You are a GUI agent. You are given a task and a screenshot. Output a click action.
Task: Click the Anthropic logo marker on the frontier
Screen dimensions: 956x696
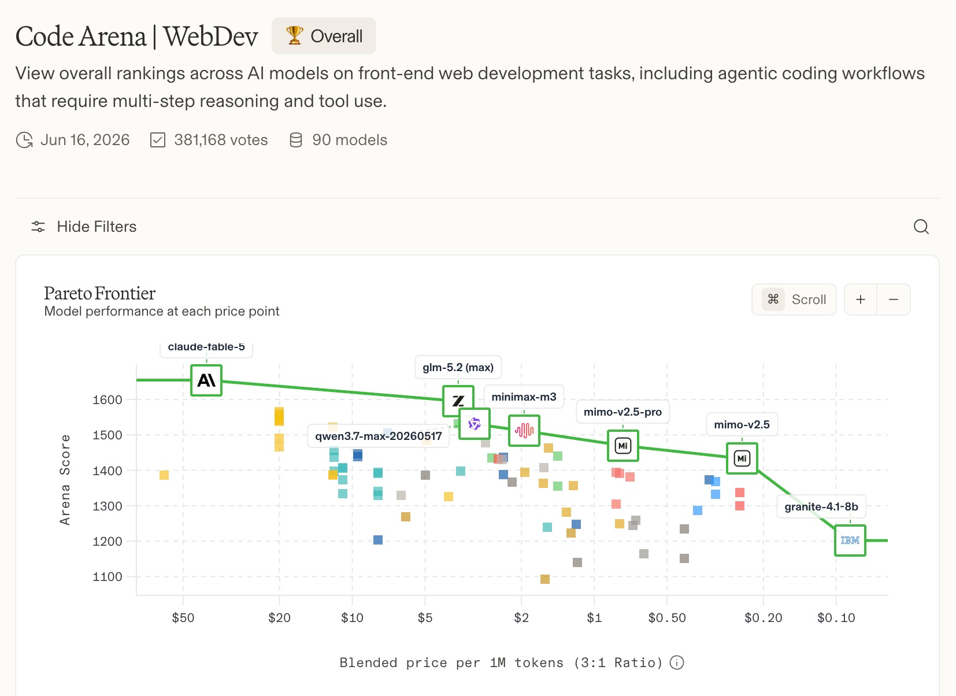[x=206, y=380]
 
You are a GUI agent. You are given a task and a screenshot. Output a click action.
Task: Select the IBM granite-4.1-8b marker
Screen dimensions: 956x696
[x=850, y=540]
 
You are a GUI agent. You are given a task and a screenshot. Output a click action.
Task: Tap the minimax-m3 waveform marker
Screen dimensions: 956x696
[x=524, y=431]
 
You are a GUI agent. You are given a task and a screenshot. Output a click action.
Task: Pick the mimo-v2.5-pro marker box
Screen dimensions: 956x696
[x=622, y=446]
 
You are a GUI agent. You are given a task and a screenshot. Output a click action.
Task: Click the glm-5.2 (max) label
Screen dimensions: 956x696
[x=458, y=367]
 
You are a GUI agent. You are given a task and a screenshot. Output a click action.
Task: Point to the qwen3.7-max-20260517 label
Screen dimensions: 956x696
[x=378, y=436]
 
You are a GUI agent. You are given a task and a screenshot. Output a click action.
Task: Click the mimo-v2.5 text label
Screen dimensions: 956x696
[x=742, y=424]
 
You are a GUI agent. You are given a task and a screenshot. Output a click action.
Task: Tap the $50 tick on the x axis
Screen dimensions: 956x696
[x=183, y=617]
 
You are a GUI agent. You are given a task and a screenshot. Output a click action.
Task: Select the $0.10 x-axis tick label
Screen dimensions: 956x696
[x=836, y=617]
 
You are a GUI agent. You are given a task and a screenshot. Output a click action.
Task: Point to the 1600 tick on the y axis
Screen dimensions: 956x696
[x=108, y=399]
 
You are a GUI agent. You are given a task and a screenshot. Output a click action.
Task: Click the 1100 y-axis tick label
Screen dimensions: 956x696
[x=108, y=576]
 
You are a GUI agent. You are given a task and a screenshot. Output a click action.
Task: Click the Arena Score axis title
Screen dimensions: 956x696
[x=65, y=480]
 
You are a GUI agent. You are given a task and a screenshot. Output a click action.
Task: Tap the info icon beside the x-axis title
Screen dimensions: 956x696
[x=676, y=662]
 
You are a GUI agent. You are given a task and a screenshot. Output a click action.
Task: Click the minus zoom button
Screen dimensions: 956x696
[x=893, y=299]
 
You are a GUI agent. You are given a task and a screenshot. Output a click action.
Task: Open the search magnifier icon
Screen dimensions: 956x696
[x=921, y=227]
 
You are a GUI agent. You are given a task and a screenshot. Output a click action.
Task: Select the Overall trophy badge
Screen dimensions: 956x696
[x=324, y=36]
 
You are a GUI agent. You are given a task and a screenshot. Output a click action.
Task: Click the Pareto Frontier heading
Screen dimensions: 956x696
[x=100, y=293]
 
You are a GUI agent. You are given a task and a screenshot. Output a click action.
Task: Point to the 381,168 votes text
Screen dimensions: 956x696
[x=221, y=139]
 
